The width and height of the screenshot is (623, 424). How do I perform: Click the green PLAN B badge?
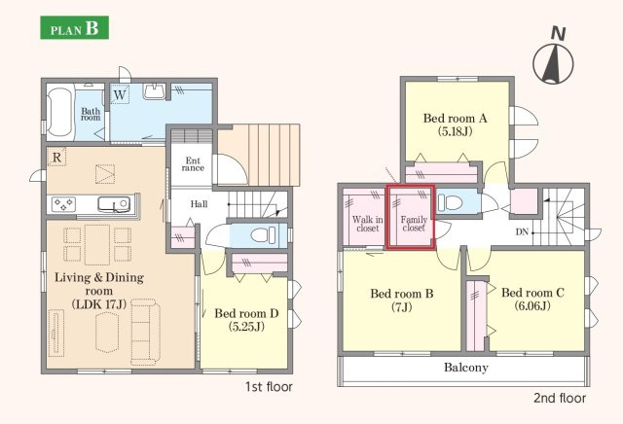pyautogui.click(x=74, y=27)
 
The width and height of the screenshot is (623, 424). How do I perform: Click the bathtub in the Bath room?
pyautogui.click(x=60, y=113)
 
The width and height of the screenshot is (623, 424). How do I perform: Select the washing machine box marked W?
pyautogui.click(x=120, y=94)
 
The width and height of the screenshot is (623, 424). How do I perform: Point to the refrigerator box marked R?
pyautogui.click(x=56, y=157)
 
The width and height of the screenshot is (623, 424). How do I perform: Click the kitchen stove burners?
pyautogui.click(x=63, y=204)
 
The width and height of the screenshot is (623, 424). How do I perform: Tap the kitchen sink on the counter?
pyautogui.click(x=114, y=204)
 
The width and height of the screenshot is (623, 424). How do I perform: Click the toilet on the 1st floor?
pyautogui.click(x=264, y=235)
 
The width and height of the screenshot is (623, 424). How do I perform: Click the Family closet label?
pyautogui.click(x=414, y=224)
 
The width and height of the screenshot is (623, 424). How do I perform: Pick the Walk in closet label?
pyautogui.click(x=368, y=224)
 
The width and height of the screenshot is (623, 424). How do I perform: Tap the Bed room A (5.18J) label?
pyautogui.click(x=455, y=124)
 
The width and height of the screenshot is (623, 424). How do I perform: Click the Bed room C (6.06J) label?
pyautogui.click(x=532, y=299)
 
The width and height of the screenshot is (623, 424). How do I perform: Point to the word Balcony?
pyautogui.click(x=465, y=368)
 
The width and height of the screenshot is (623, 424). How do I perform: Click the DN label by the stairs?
pyautogui.click(x=522, y=231)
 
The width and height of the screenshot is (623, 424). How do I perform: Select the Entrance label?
pyautogui.click(x=193, y=164)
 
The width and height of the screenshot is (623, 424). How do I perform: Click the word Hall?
pyautogui.click(x=199, y=204)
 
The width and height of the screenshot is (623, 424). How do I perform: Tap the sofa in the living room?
pyautogui.click(x=145, y=332)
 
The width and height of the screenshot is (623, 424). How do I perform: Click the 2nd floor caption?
pyautogui.click(x=560, y=398)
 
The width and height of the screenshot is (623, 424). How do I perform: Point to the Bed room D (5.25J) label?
pyautogui.click(x=246, y=320)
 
